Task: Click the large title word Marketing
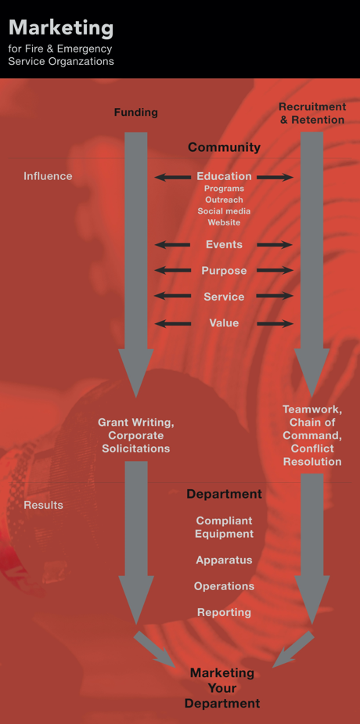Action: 61,29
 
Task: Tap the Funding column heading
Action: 135,112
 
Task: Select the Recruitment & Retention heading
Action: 312,113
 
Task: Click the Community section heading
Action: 224,147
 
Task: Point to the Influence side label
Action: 48,176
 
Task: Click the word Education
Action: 225,176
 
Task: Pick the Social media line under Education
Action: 225,211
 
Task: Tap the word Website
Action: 225,222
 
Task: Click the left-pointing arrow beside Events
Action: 173,245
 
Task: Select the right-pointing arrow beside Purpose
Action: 275,271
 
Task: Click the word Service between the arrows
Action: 225,297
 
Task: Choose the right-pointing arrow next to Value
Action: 275,324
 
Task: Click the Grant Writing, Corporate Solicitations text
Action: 135,435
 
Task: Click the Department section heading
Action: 225,494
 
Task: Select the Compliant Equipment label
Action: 225,527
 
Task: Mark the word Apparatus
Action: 225,560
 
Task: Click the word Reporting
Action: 225,612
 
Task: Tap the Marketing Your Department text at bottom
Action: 223,688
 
